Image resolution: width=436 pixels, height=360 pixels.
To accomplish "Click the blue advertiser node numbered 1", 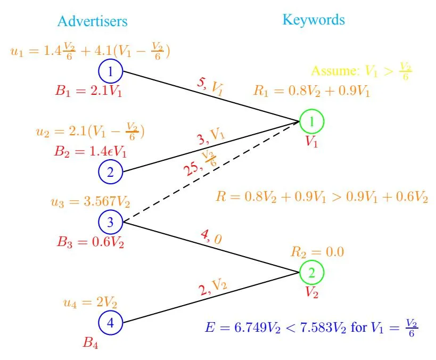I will coord(111,71).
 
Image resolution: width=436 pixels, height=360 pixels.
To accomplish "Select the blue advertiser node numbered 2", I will coord(111,171).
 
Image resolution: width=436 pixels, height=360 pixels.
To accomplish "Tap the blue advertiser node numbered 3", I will coord(111,222).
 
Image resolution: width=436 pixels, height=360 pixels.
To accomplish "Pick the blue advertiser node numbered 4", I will coord(111,322).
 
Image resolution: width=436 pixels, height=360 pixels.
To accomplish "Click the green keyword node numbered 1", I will coord(311,121).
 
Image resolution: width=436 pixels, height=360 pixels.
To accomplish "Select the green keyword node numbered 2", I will coord(311,273).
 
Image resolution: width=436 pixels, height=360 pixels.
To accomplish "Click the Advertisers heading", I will coord(93,21).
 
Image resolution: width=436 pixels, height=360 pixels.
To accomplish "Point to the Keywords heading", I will coord(314,20).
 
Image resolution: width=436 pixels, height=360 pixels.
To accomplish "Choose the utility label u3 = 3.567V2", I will coord(89,202).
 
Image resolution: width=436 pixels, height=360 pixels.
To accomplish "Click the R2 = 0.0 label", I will coord(317,251).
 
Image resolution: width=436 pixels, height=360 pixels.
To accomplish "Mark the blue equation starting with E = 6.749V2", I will coord(311,325).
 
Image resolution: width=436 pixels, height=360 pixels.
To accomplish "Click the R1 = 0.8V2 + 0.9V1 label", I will coord(312,91).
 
